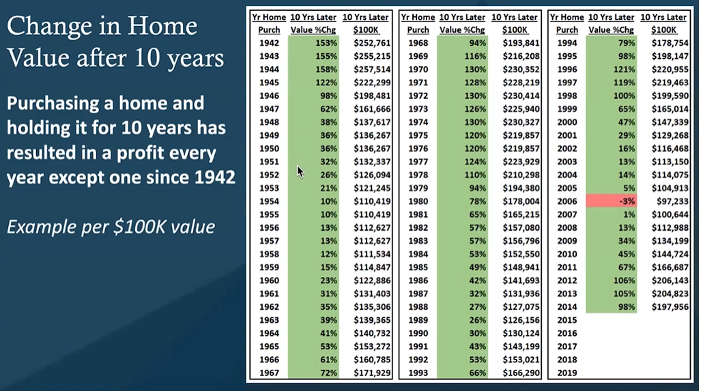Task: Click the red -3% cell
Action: click(x=611, y=201)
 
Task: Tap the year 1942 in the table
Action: click(x=269, y=43)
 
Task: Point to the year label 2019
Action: click(x=567, y=373)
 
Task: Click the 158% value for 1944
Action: click(x=326, y=70)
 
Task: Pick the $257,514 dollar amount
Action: click(x=372, y=70)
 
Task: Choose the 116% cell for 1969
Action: click(x=475, y=56)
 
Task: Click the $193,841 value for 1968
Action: click(x=521, y=43)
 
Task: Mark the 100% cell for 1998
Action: click(x=624, y=96)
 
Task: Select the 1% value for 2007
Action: click(x=629, y=214)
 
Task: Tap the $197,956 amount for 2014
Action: click(x=670, y=307)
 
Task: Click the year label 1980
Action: click(x=418, y=201)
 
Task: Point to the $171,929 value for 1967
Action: click(x=372, y=373)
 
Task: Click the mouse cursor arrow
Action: click(x=300, y=171)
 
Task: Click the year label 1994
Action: click(x=567, y=43)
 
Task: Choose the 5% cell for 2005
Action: click(x=629, y=188)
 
